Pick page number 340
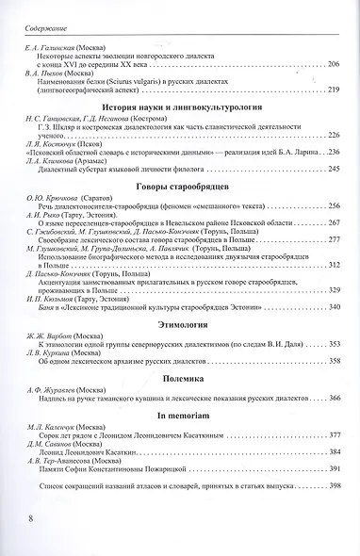point(331,307)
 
